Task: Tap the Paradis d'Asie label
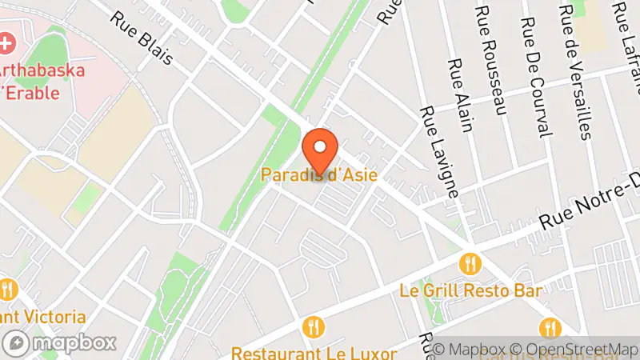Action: coord(319,174)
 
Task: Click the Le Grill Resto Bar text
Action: coord(470,290)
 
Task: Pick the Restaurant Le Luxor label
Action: coord(314,353)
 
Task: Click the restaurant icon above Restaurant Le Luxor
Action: coord(314,326)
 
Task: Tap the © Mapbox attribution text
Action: coord(471,349)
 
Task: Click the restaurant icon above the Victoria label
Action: coord(9,290)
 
